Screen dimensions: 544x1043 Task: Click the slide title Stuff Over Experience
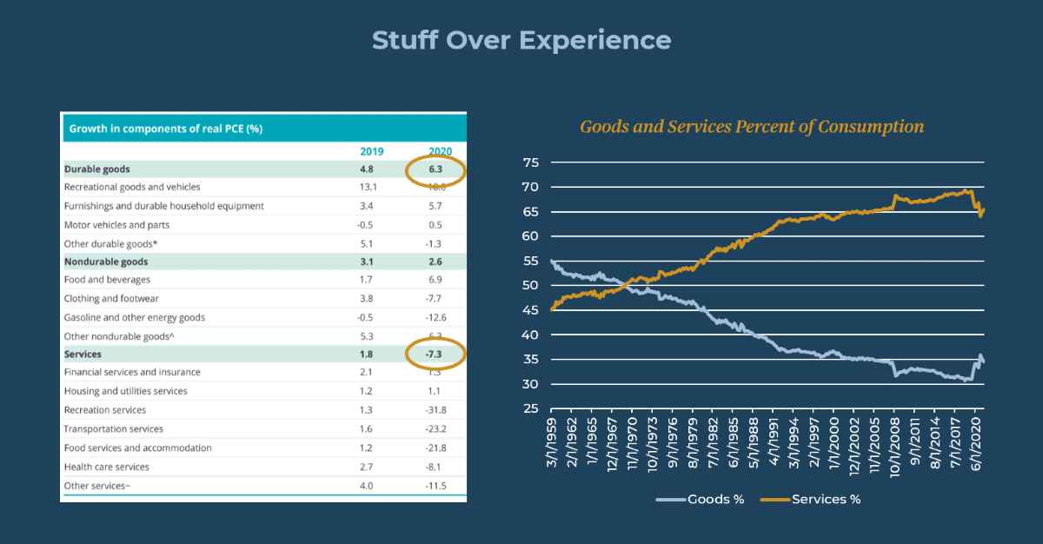(x=521, y=40)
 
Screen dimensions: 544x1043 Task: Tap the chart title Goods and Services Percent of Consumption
(x=752, y=127)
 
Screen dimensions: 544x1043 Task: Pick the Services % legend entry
(x=812, y=499)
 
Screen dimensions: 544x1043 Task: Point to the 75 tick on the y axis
(x=531, y=163)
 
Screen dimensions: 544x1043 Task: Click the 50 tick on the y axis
(x=531, y=286)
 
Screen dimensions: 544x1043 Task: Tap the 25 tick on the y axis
(x=531, y=409)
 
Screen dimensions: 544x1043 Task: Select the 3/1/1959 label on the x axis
(x=554, y=448)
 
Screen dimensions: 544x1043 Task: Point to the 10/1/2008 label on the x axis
(x=894, y=448)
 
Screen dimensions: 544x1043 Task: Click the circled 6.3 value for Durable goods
(x=436, y=169)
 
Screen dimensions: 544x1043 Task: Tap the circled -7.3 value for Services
(x=435, y=355)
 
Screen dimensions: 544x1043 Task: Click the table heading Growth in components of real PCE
(x=166, y=129)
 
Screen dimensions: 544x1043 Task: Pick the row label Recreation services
(x=105, y=410)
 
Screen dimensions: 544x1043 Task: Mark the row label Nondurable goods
(x=106, y=262)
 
